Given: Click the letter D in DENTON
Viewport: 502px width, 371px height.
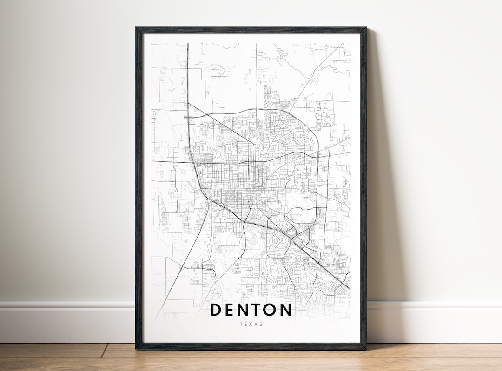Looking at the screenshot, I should pyautogui.click(x=217, y=310).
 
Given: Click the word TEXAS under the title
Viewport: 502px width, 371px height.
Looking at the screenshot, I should pyautogui.click(x=251, y=324).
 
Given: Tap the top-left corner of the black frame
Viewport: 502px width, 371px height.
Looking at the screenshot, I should pyautogui.click(x=137, y=28).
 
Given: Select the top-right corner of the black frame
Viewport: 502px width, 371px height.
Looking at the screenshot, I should pyautogui.click(x=365, y=28).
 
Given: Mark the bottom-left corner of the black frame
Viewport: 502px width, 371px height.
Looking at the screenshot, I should pyautogui.click(x=137, y=348).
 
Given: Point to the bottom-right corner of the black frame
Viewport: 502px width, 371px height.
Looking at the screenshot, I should pyautogui.click(x=365, y=348).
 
